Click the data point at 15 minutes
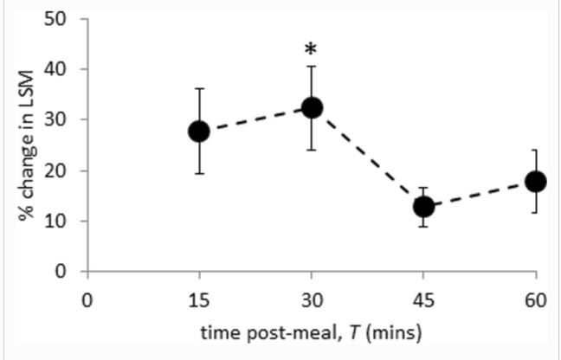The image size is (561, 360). [x=199, y=131]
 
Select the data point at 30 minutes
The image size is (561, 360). [x=312, y=108]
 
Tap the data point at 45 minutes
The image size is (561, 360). [x=423, y=207]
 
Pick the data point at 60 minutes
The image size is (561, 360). [x=536, y=181]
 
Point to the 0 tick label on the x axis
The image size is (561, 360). [x=87, y=299]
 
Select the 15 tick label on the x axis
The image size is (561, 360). [x=199, y=299]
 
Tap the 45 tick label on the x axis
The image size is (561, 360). [x=423, y=299]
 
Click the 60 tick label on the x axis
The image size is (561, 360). [x=536, y=299]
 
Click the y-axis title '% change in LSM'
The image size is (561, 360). [x=26, y=145]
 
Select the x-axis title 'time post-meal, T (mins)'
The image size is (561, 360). [x=311, y=331]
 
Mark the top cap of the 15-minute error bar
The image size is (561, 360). [x=199, y=88]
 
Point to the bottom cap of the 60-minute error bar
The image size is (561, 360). [x=536, y=212]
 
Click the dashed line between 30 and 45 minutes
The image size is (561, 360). [x=368, y=157]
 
